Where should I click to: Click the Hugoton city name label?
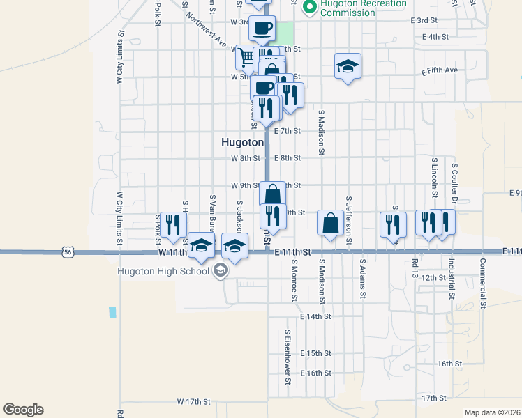pyautogui.click(x=241, y=141)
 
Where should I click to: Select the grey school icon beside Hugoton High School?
pyautogui.click(x=220, y=270)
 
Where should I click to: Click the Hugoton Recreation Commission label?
pyautogui.click(x=363, y=8)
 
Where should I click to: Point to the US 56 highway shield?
pyautogui.click(x=67, y=252)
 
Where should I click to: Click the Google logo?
pyautogui.click(x=23, y=410)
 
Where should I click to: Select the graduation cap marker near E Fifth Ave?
pyautogui.click(x=348, y=66)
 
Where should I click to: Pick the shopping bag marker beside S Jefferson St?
pyautogui.click(x=330, y=223)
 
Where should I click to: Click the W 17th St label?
pyautogui.click(x=193, y=402)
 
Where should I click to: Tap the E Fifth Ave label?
pyautogui.click(x=440, y=71)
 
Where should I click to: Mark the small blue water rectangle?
pyautogui.click(x=112, y=313)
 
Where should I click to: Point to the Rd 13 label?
pyautogui.click(x=414, y=269)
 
